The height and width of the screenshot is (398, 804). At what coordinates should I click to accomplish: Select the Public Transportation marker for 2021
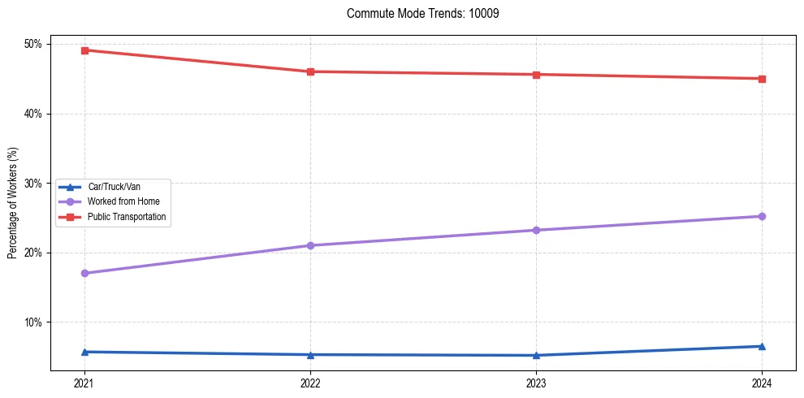click(84, 50)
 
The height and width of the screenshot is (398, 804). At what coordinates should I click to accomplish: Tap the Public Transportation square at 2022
click(310, 71)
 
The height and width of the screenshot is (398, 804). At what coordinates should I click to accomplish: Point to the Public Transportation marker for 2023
click(536, 75)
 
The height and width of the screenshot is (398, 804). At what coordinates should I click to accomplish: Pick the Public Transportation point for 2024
click(762, 79)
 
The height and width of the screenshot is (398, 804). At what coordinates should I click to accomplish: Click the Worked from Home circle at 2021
click(84, 273)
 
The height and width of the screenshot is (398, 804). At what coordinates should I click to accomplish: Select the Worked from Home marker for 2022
click(310, 245)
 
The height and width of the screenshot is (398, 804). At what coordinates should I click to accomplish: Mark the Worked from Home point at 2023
click(536, 230)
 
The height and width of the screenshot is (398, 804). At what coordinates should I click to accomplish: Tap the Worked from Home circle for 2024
click(762, 216)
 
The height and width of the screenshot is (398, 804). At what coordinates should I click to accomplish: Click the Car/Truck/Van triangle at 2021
click(84, 352)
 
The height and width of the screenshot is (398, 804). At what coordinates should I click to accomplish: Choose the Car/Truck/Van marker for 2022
click(310, 354)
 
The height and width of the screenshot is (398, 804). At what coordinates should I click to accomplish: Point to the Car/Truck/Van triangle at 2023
click(536, 355)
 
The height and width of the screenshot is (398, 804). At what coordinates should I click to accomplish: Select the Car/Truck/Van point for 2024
click(762, 346)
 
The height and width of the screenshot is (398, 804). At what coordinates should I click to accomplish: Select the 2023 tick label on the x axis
click(536, 383)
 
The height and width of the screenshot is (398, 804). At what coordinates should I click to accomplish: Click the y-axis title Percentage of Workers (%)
click(13, 203)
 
